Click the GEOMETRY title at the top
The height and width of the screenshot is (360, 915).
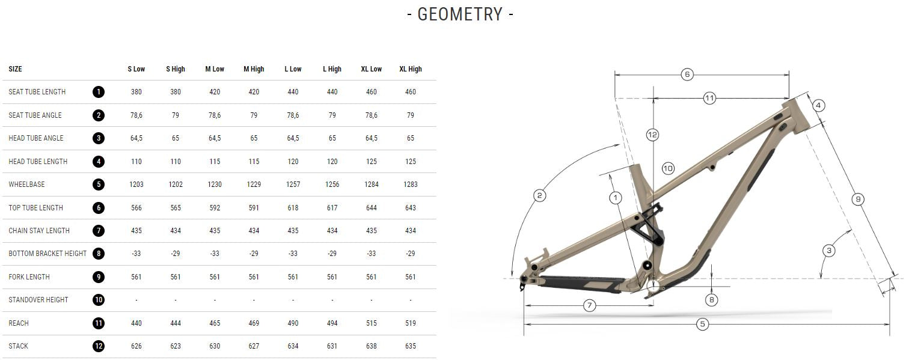pyautogui.click(x=460, y=14)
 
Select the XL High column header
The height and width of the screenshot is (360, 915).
pyautogui.click(x=411, y=69)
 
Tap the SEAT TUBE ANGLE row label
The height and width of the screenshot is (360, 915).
pyautogui.click(x=35, y=115)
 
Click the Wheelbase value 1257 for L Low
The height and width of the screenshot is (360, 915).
pyautogui.click(x=293, y=185)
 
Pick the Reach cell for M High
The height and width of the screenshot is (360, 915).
pyautogui.click(x=254, y=323)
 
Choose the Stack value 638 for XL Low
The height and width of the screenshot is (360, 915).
pyautogui.click(x=372, y=346)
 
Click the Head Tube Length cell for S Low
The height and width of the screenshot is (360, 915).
pyautogui.click(x=136, y=162)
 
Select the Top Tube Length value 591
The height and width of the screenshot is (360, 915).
pyautogui.click(x=254, y=208)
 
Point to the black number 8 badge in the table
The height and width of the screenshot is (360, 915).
pyautogui.click(x=99, y=254)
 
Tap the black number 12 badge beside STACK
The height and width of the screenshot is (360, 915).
pyautogui.click(x=99, y=346)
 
